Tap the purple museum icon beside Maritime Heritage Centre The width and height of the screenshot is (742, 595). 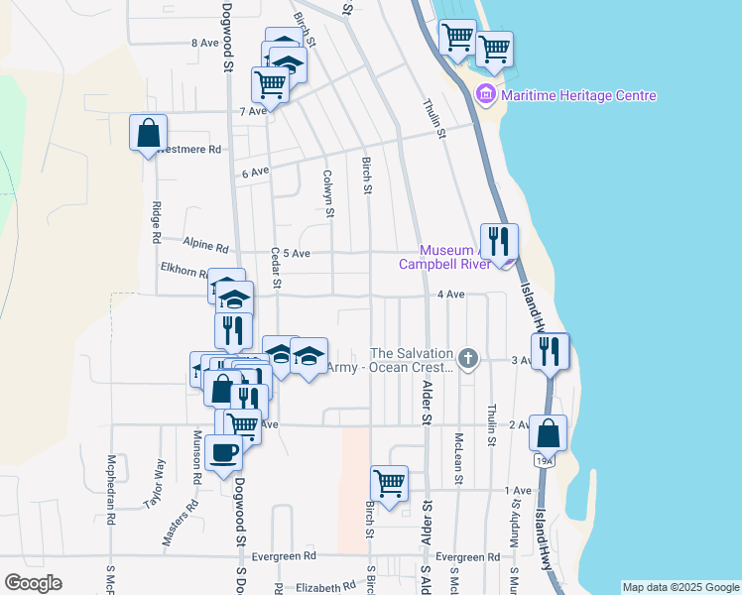486,96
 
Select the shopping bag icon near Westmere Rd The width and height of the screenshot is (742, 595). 148,132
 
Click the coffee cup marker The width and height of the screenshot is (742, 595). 223,452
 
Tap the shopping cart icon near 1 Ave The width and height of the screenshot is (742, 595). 390,484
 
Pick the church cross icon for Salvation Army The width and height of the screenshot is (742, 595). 468,357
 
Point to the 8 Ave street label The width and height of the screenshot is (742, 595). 204,44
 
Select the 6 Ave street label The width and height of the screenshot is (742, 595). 256,173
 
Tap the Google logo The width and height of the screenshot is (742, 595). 34,583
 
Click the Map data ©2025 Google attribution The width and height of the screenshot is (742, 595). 680,587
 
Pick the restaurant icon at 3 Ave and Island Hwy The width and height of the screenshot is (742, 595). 550,351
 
